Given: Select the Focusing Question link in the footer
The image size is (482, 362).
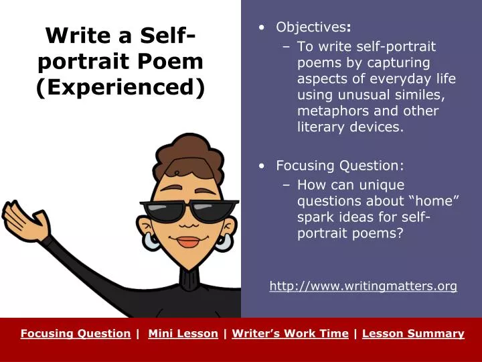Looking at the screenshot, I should pos(75,333).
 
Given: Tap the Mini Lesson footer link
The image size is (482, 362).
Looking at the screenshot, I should pos(183,333).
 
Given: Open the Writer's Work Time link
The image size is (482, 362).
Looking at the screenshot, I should pos(290,333).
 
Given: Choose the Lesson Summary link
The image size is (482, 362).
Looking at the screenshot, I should pos(413,333).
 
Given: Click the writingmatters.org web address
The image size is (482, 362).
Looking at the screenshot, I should pos(363,286).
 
